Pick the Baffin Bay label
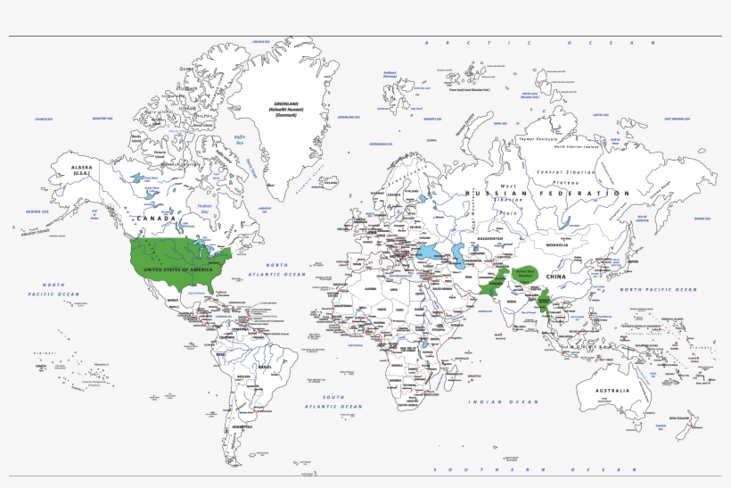239,140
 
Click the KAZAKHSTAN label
488,238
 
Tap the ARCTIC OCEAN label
540,43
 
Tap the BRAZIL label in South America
265,367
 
